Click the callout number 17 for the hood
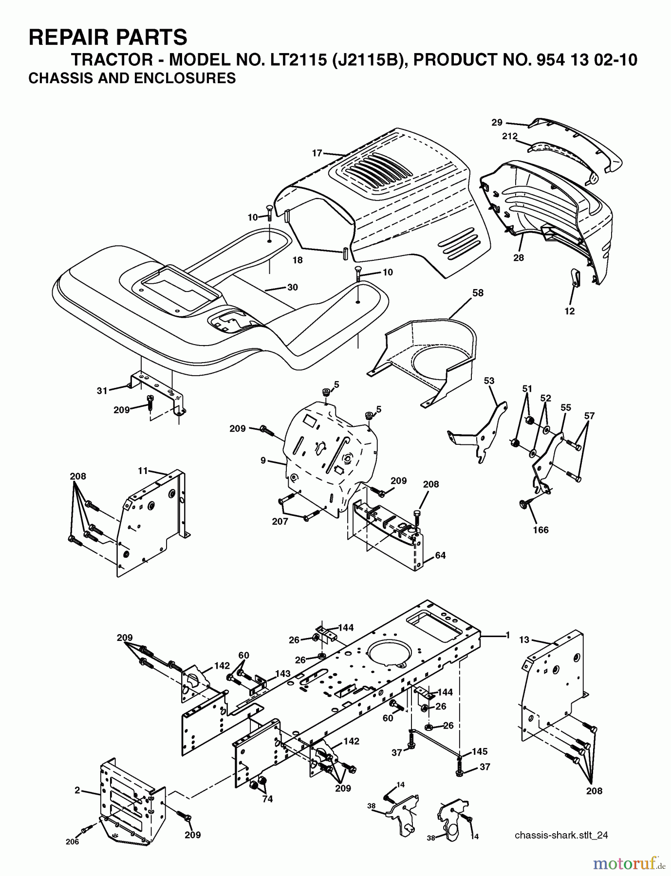pos(317,153)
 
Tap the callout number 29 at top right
pos(497,123)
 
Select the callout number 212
pos(509,137)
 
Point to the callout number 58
pos(478,292)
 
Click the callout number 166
pos(541,529)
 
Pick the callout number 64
pos(440,555)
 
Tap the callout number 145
pos(479,752)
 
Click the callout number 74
pos(267,799)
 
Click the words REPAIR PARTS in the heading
pos(108,37)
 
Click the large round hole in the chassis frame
pos(390,654)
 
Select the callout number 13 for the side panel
pos(524,639)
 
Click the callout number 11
pos(142,471)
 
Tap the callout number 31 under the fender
pos(102,390)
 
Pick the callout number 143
pos(282,674)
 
